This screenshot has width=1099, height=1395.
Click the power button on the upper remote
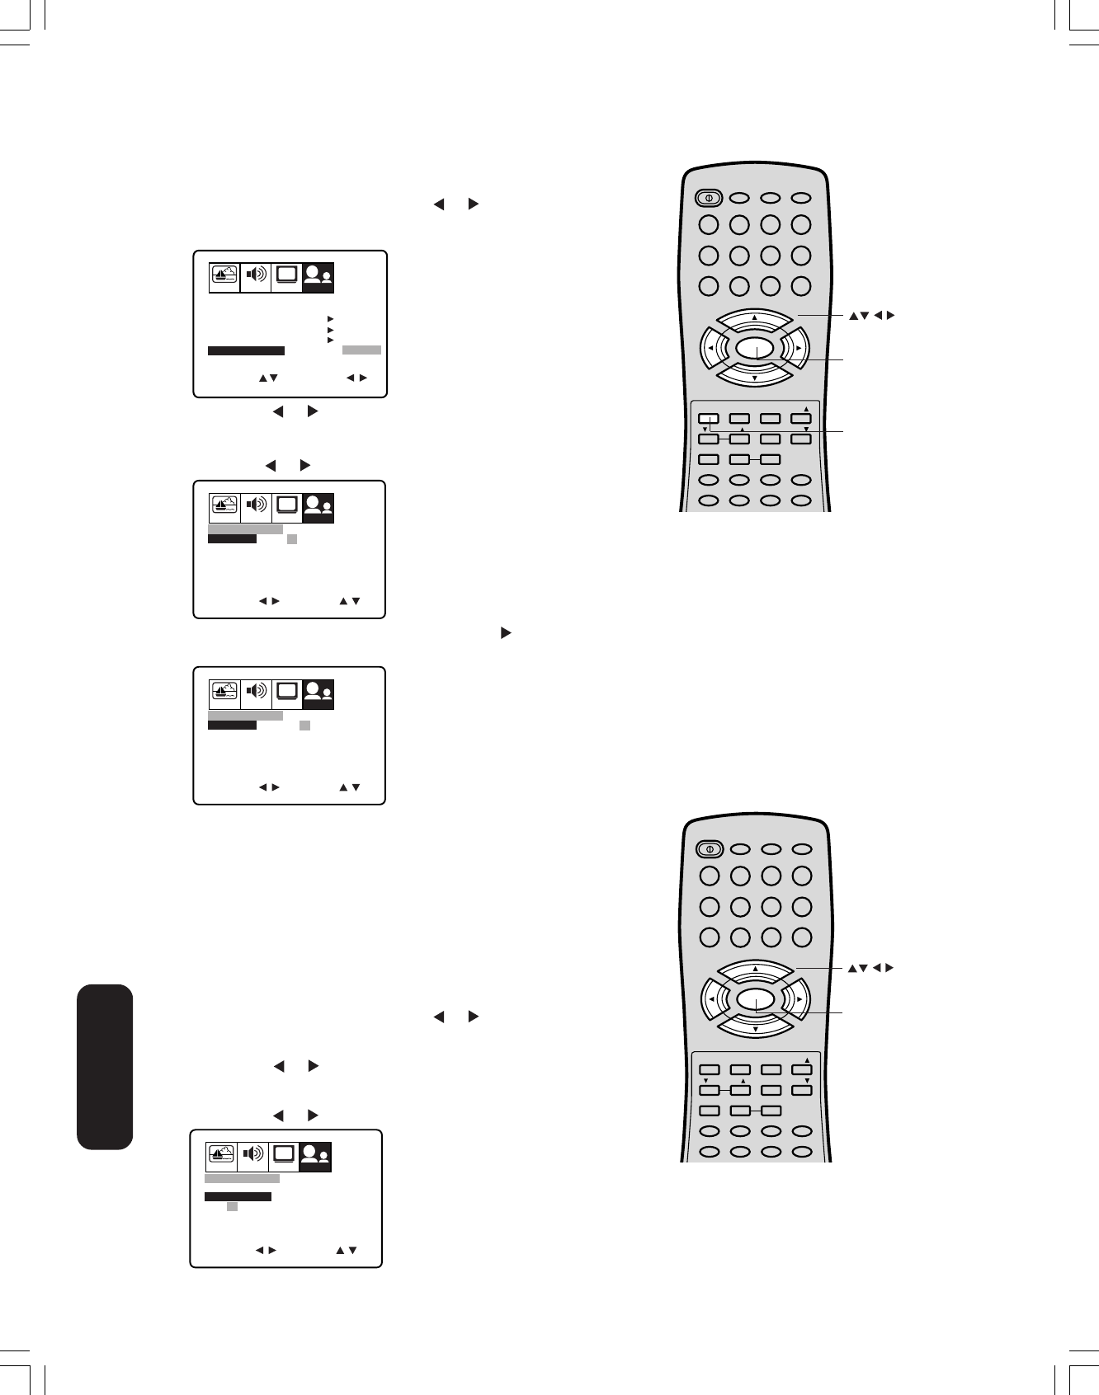pos(708,198)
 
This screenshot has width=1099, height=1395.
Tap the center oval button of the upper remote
pos(755,349)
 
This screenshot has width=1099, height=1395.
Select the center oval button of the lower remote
pos(755,999)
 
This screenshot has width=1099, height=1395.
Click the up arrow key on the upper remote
pos(754,320)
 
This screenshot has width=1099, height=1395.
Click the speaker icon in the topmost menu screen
pos(256,276)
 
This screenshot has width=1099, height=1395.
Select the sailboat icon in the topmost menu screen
pos(224,276)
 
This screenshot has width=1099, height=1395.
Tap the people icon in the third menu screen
pos(318,693)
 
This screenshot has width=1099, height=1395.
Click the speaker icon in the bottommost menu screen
pos(252,1156)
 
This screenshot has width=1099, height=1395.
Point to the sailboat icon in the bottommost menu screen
pos(220,1156)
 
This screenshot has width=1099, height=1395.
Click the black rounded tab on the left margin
pos(105,1066)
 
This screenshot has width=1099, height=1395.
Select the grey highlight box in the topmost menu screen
pos(361,350)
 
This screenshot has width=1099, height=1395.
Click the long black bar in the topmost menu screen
pos(246,350)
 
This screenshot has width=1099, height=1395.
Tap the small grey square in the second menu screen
pos(292,539)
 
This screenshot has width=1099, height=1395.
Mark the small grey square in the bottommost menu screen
pos(232,1207)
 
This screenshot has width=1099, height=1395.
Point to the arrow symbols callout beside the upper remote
pos(871,315)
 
